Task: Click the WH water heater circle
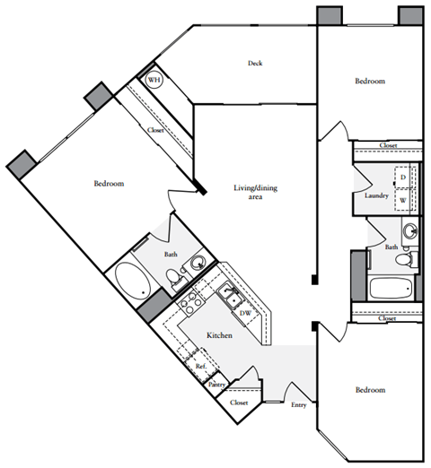[154, 81]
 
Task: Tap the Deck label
[255, 63]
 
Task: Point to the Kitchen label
[220, 335]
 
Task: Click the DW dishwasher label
[244, 313]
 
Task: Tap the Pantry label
[216, 385]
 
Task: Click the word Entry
[298, 404]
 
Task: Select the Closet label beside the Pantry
[238, 403]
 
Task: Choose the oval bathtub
[136, 282]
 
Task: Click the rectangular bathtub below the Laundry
[391, 290]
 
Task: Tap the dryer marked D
[403, 177]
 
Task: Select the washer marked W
[403, 200]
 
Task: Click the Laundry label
[375, 195]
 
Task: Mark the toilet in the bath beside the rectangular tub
[404, 259]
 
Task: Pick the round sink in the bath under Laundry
[409, 231]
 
